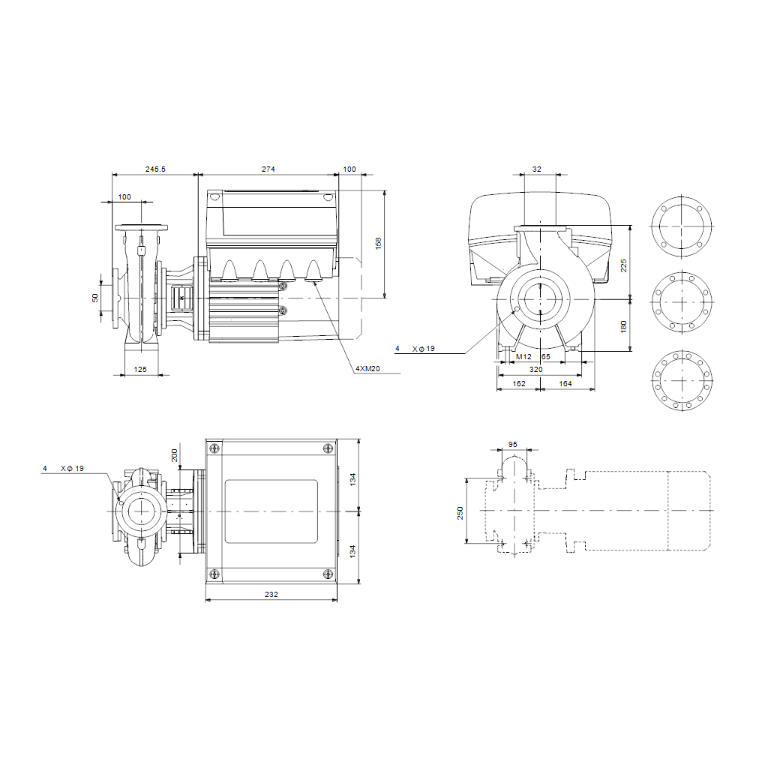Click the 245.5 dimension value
tap(155, 169)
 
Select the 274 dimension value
tap(268, 169)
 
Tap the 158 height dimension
tap(378, 244)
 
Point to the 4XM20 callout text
tap(367, 368)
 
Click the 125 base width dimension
tap(140, 369)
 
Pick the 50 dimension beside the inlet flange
tap(95, 298)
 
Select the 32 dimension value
tap(537, 169)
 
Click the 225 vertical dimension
tap(623, 266)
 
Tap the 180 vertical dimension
tap(623, 327)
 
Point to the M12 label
tap(523, 356)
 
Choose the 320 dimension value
tap(535, 369)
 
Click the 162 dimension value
tap(519, 383)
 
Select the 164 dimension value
tap(565, 383)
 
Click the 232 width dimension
tap(271, 594)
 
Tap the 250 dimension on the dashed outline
tap(460, 513)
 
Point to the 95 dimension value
tap(513, 444)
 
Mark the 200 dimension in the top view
tap(174, 455)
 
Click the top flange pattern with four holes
tap(681, 226)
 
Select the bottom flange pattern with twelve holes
tap(682, 380)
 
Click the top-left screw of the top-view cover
tap(214, 448)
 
